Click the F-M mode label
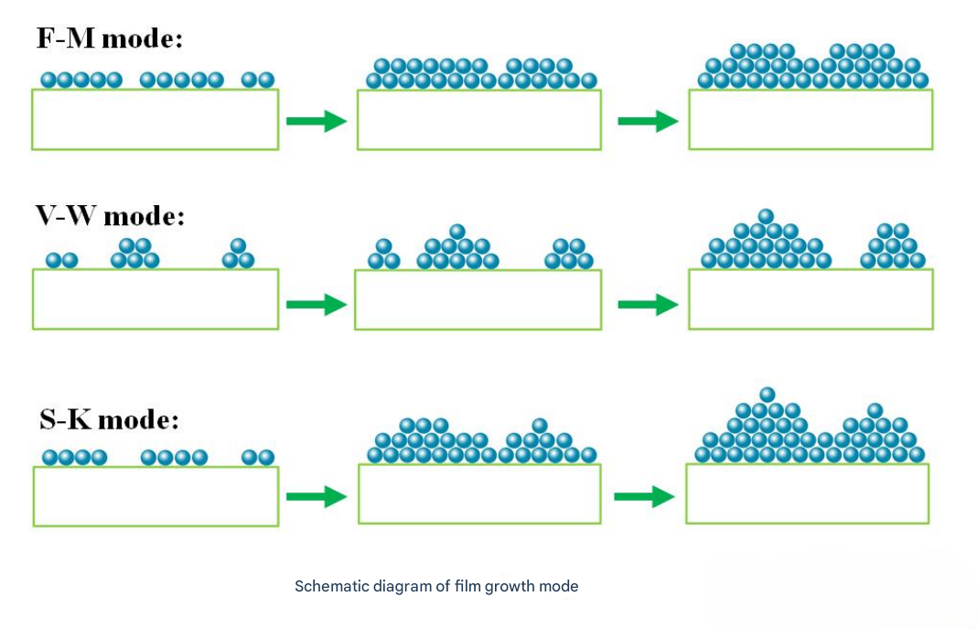click(x=110, y=39)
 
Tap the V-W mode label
click(x=110, y=217)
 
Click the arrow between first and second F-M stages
click(x=317, y=121)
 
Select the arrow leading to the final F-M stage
click(x=648, y=121)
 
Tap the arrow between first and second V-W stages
click(x=317, y=305)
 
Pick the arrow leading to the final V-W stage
click(x=648, y=305)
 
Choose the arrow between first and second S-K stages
click(x=317, y=497)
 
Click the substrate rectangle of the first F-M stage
click(x=155, y=119)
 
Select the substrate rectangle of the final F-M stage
click(x=811, y=119)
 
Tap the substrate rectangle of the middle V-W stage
click(x=478, y=299)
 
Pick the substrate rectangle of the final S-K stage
click(x=807, y=494)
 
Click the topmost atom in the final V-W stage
click(x=766, y=216)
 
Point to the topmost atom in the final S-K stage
click(x=768, y=395)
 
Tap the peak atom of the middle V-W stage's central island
click(x=457, y=232)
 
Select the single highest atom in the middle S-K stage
click(x=540, y=425)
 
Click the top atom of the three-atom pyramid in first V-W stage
click(x=238, y=245)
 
